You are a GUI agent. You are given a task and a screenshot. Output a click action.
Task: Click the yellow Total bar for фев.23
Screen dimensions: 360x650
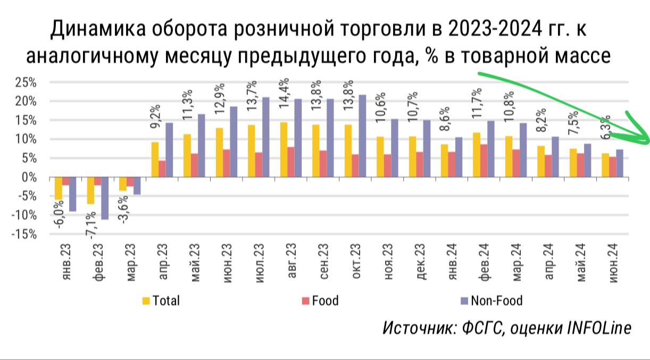pyautogui.click(x=90, y=190)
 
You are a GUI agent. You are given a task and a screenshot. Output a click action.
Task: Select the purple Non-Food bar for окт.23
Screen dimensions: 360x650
pyautogui.click(x=362, y=136)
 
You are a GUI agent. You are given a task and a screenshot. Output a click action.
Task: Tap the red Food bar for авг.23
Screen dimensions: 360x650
pyautogui.click(x=290, y=162)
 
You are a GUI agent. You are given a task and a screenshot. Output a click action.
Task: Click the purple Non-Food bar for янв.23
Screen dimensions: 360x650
pyautogui.click(x=72, y=194)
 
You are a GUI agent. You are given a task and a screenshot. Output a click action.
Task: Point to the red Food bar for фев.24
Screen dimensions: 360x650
pyautogui.click(x=483, y=161)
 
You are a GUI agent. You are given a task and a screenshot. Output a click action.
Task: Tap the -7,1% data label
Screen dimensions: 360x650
pyautogui.click(x=91, y=224)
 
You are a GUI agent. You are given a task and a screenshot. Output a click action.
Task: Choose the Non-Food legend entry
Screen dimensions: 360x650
pyautogui.click(x=491, y=301)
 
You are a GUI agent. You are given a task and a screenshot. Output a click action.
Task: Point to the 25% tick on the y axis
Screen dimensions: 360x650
pyautogui.click(x=26, y=82)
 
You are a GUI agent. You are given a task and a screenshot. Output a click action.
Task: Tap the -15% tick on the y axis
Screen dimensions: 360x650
pyautogui.click(x=24, y=234)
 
